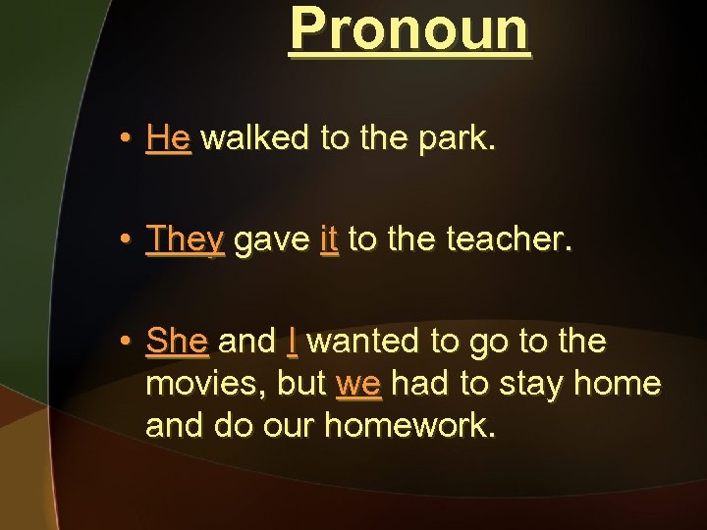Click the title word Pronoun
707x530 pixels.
(x=409, y=29)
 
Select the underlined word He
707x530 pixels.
(x=168, y=138)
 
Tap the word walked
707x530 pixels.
(x=258, y=138)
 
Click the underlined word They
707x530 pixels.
(x=185, y=238)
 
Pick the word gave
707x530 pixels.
(x=272, y=239)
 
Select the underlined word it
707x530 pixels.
(x=329, y=238)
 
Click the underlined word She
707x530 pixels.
(x=177, y=342)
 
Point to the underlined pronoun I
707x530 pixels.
(x=293, y=342)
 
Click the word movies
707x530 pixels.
(x=199, y=384)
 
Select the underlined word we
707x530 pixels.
(x=358, y=384)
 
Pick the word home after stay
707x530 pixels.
(x=619, y=384)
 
